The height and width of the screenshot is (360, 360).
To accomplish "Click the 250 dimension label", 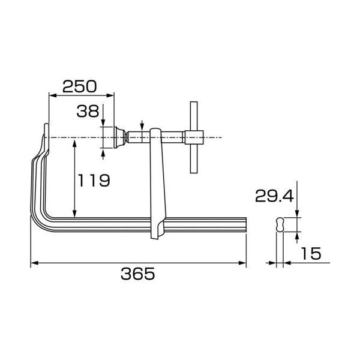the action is (x=80, y=86).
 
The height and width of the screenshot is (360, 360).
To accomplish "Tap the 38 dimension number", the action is (x=88, y=111).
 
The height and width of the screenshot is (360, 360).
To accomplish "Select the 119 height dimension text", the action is (x=94, y=180).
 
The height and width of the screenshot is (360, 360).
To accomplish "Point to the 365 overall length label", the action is (x=138, y=274).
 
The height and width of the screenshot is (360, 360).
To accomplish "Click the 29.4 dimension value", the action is (x=274, y=196).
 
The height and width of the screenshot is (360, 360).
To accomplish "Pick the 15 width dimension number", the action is (x=311, y=253).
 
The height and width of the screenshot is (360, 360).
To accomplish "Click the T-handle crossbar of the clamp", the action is (x=194, y=137).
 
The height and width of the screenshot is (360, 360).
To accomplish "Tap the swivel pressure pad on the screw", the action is (x=119, y=137).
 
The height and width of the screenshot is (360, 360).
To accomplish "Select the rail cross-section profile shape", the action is (x=280, y=224).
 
